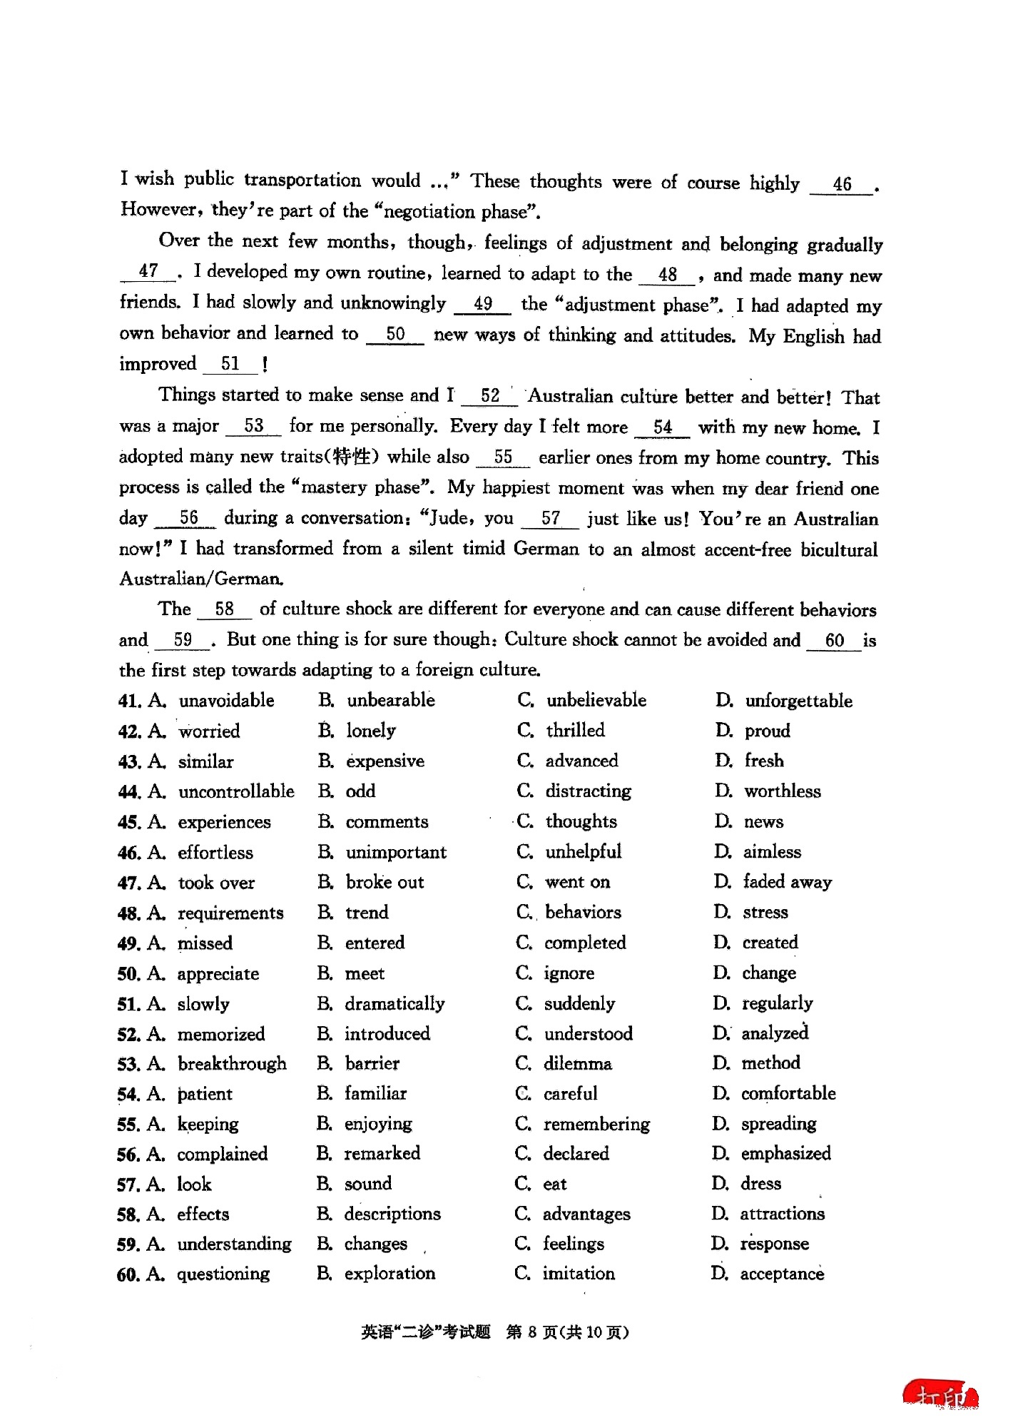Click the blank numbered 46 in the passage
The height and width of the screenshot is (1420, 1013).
(x=842, y=185)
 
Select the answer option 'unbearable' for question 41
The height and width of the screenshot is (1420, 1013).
(x=390, y=701)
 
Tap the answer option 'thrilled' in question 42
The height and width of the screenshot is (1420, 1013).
(x=575, y=731)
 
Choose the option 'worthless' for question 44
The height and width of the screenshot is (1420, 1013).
(x=782, y=791)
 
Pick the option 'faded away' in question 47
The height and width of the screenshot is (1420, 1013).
(x=787, y=883)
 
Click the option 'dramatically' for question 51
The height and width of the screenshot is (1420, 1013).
(x=394, y=1004)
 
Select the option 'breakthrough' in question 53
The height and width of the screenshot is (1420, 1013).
(x=232, y=1064)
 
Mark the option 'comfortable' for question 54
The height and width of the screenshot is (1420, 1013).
(x=788, y=1094)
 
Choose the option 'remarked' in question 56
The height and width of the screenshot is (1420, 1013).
(x=382, y=1154)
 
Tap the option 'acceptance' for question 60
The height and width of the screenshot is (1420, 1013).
(x=782, y=1274)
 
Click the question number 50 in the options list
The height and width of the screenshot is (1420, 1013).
(x=128, y=974)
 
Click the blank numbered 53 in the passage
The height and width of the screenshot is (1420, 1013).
(x=254, y=427)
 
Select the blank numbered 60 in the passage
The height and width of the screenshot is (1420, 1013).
(x=834, y=641)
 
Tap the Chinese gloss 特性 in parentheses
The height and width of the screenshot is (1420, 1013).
(x=352, y=457)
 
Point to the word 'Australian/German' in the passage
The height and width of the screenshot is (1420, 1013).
(x=201, y=579)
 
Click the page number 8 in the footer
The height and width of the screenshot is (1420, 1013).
(x=531, y=1332)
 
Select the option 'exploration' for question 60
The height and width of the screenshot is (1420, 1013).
(x=390, y=1274)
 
